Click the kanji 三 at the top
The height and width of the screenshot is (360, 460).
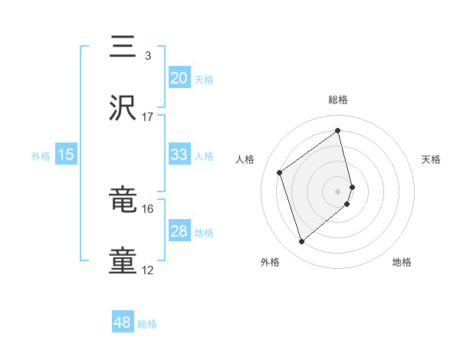coord(123,47)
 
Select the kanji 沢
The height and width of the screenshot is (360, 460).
coord(123,108)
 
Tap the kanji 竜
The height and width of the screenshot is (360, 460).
coord(123,201)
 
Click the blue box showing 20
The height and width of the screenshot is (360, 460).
coord(179,78)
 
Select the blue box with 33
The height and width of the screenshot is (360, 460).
coord(179,155)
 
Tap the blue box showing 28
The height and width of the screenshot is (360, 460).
coord(179,231)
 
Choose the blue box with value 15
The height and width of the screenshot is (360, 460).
coord(66,155)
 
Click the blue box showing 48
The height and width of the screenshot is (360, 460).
coord(123,322)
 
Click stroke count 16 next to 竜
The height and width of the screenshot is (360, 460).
coord(148,208)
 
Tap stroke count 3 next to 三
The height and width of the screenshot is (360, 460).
coord(148,55)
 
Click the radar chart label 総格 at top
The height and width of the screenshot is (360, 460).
coord(338,100)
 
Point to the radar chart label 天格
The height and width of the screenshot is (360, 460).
coord(431,159)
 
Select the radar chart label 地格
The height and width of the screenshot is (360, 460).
coord(402,262)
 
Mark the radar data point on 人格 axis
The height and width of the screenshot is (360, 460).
coord(280,172)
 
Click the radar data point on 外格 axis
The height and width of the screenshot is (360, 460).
coord(302,242)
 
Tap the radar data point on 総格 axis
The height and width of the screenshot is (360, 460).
coord(338,131)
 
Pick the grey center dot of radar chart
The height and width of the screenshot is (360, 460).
coord(338,190)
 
